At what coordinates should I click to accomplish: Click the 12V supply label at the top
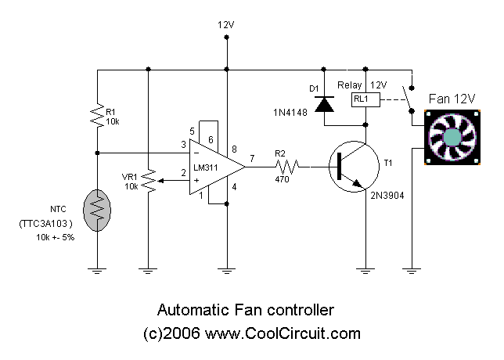tap(225, 24)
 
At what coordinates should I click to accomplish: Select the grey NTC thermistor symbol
tap(96, 207)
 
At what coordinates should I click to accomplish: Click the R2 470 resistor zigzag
tap(287, 166)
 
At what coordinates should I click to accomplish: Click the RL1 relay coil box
tap(365, 99)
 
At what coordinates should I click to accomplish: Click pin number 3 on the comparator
tap(182, 144)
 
